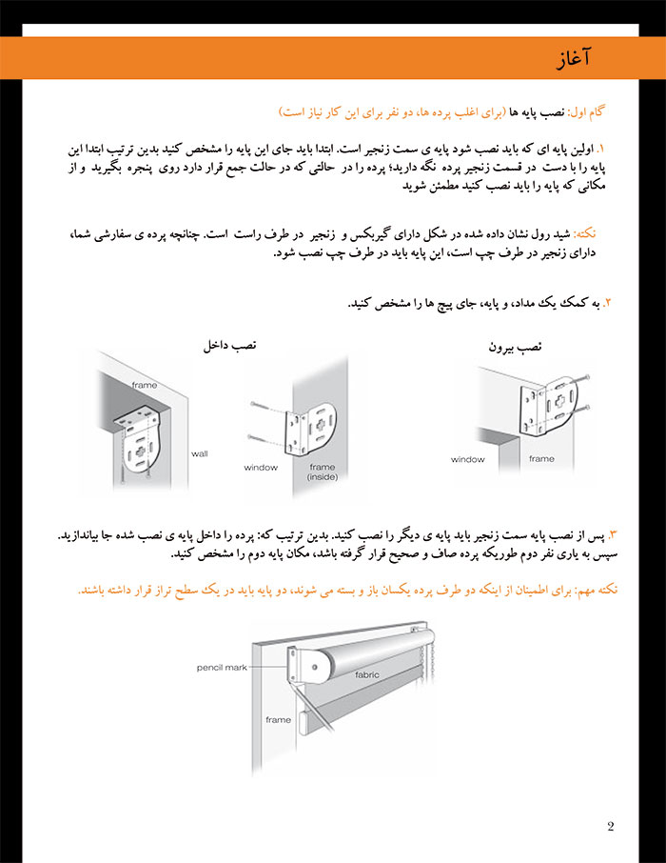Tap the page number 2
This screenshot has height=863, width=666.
[610, 826]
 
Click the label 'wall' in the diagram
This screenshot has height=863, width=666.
[199, 453]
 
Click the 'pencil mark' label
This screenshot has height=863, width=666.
[222, 667]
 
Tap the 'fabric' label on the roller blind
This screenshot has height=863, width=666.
[366, 674]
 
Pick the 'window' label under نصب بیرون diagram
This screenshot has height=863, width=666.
[467, 459]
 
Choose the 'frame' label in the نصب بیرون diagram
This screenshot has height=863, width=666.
[540, 459]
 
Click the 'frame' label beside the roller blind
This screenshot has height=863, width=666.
[278, 720]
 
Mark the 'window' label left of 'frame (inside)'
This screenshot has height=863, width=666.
[260, 468]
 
